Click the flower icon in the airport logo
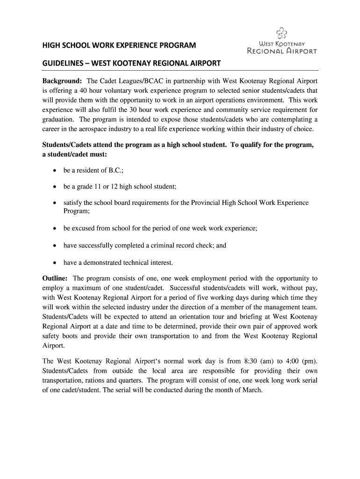tap(281, 32)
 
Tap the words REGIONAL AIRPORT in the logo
tap(281, 51)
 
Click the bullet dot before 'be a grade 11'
tap(55, 187)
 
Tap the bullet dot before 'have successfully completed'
tap(55, 246)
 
